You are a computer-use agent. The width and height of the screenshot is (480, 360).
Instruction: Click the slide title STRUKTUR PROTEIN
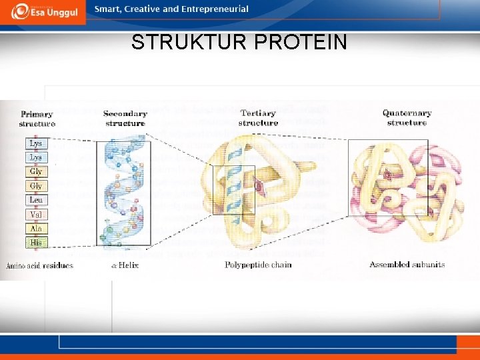point(239,43)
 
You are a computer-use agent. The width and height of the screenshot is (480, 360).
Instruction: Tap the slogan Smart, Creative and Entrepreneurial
point(171,9)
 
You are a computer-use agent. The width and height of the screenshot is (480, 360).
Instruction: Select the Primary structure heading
point(37,119)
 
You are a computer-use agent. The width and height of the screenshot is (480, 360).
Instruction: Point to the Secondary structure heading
point(125,119)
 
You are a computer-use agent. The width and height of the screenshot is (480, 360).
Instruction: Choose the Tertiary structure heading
point(258,118)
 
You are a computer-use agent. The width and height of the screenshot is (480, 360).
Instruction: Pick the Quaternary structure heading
point(407,118)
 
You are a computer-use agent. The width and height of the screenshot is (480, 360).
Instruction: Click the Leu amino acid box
point(37,200)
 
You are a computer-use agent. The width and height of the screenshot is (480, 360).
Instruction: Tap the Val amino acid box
point(37,215)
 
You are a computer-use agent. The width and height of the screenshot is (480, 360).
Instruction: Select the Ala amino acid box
point(37,229)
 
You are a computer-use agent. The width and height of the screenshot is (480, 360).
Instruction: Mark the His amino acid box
point(37,243)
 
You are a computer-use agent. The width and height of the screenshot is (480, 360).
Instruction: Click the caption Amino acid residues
point(39,265)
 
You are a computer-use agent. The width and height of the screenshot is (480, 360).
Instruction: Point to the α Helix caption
point(125,265)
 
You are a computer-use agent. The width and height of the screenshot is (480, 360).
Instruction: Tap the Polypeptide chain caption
point(258,265)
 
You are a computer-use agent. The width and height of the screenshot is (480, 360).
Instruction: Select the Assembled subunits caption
point(407,265)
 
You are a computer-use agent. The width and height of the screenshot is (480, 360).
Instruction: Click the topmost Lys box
point(37,143)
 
